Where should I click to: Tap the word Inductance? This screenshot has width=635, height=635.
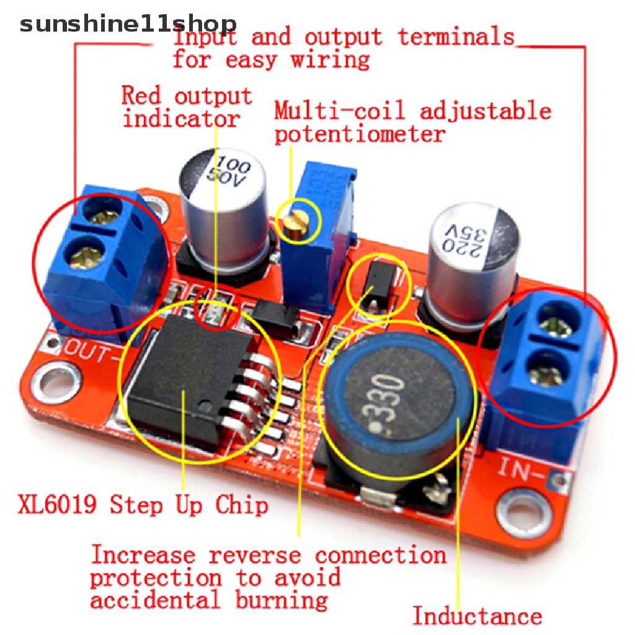[x=477, y=616]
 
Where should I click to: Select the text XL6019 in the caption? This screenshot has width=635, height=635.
[x=57, y=504]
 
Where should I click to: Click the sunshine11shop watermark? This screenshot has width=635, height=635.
[x=128, y=24]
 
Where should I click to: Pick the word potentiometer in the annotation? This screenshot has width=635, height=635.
[x=360, y=134]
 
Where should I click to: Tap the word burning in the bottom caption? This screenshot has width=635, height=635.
[x=282, y=600]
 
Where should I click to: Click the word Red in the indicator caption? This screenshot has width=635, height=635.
[x=141, y=95]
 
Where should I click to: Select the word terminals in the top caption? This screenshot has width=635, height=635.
[x=456, y=37]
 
